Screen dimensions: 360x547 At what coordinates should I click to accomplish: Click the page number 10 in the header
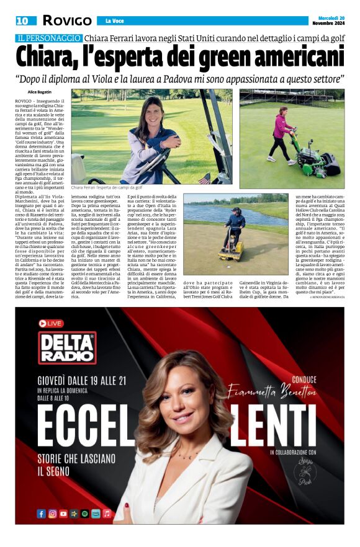click(22, 20)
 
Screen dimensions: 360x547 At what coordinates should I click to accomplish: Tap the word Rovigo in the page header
click(67, 20)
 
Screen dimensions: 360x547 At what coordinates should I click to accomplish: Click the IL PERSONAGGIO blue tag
click(50, 38)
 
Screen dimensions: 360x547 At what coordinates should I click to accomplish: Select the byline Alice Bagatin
click(40, 92)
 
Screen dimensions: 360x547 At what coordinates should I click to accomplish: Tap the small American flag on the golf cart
click(204, 179)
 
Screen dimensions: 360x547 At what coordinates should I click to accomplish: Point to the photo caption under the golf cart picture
click(107, 187)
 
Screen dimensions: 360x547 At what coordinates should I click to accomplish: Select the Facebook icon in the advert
click(42, 514)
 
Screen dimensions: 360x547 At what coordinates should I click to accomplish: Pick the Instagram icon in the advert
click(53, 514)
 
